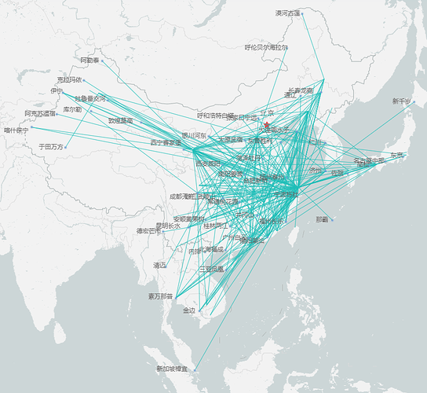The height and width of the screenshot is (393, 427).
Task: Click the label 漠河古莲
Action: (x=287, y=13)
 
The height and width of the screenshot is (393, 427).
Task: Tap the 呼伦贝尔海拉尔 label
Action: (x=266, y=47)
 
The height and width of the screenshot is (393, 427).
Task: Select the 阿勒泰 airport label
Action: (x=89, y=60)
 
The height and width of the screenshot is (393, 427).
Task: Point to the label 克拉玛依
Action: (x=69, y=79)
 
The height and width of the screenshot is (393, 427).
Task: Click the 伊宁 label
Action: (x=56, y=91)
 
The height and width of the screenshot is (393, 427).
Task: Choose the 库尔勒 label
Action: (x=72, y=109)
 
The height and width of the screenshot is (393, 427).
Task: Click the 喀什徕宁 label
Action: (x=16, y=130)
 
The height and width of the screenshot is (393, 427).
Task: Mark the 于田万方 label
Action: (x=51, y=147)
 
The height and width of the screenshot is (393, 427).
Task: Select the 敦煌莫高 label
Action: (x=120, y=121)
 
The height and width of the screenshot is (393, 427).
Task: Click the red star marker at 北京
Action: (x=267, y=124)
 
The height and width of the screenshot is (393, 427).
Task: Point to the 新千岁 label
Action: (x=402, y=101)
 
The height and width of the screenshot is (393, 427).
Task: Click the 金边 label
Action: (x=189, y=310)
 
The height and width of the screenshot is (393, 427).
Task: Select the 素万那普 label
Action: (x=160, y=296)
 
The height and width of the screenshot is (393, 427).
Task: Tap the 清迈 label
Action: (x=160, y=266)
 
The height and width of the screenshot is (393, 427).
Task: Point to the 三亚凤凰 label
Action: (x=211, y=269)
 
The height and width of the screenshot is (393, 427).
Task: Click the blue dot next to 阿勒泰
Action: (x=102, y=60)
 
